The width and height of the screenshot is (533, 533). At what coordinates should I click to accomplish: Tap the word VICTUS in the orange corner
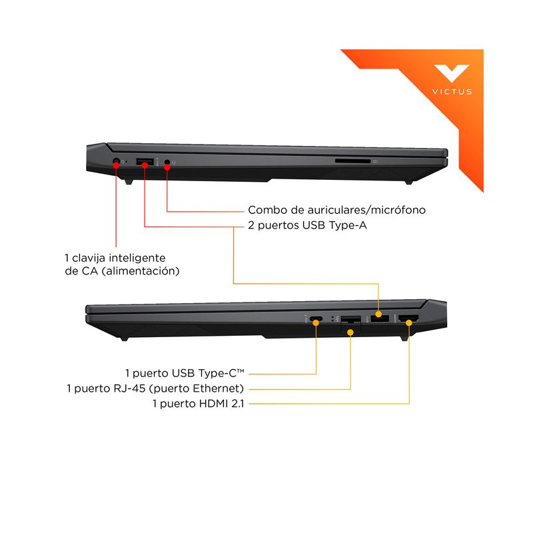click(x=452, y=92)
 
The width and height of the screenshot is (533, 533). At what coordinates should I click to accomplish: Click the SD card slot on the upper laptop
click(x=352, y=161)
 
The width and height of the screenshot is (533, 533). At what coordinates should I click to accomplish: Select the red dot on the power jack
click(x=116, y=165)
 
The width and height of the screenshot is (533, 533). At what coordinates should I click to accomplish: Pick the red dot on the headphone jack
click(x=167, y=167)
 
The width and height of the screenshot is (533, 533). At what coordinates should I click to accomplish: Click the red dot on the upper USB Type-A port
click(x=145, y=165)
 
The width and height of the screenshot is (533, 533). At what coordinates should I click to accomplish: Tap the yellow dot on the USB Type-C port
click(x=316, y=322)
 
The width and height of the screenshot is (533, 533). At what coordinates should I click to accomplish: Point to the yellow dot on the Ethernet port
click(x=350, y=332)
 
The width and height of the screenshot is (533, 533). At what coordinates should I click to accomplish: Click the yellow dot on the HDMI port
click(x=409, y=322)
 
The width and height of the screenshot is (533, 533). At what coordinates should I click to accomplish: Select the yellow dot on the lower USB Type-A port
click(x=378, y=314)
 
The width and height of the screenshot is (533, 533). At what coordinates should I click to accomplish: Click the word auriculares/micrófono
click(x=366, y=210)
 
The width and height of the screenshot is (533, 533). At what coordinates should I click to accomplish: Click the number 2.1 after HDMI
click(x=238, y=404)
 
